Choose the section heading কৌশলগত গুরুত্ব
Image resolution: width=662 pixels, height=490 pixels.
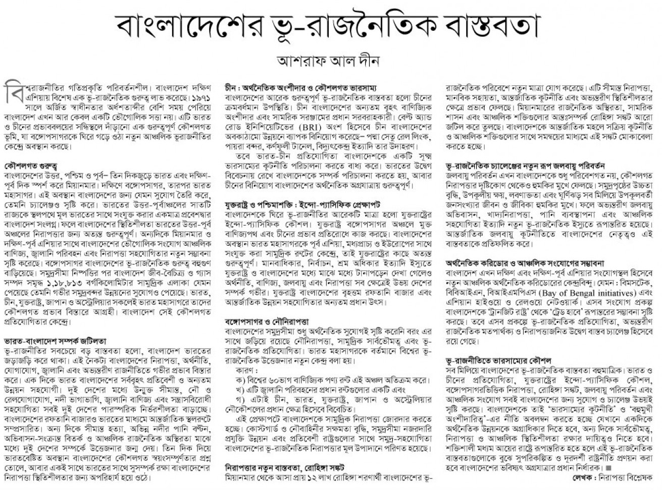pos(30,166)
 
